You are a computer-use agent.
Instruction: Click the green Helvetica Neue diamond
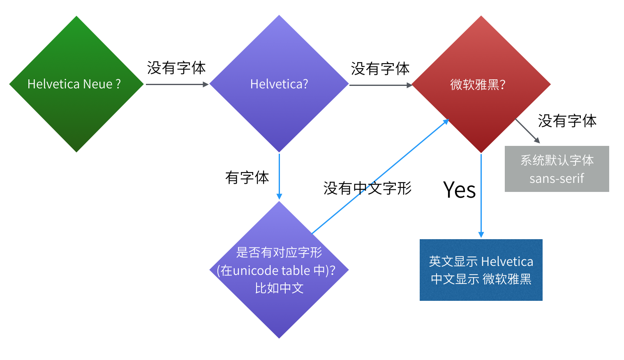tap(76, 84)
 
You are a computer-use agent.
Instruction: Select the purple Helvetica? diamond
tap(279, 84)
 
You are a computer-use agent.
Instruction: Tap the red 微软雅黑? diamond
tap(481, 84)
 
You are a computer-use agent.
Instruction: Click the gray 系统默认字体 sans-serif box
tap(557, 169)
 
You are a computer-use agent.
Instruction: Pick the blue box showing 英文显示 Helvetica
tap(481, 270)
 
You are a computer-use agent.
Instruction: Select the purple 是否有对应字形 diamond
tap(279, 270)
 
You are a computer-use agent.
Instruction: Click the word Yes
tap(459, 190)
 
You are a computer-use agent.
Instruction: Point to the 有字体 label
tap(247, 178)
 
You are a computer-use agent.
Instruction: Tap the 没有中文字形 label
tap(367, 188)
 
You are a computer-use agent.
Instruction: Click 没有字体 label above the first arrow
tap(176, 68)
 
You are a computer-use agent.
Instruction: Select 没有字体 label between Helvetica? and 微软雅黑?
tap(380, 69)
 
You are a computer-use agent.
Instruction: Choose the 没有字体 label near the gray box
tap(567, 121)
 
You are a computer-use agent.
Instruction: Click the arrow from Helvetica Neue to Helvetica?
tap(177, 84)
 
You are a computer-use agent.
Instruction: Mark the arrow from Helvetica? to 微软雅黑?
tap(380, 85)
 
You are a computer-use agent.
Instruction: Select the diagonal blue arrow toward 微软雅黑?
tap(380, 177)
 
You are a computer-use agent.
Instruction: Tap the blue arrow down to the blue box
tap(481, 195)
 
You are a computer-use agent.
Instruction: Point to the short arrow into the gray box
tap(527, 131)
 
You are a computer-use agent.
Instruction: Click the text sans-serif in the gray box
tap(557, 179)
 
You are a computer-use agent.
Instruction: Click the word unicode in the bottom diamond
tap(251, 270)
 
